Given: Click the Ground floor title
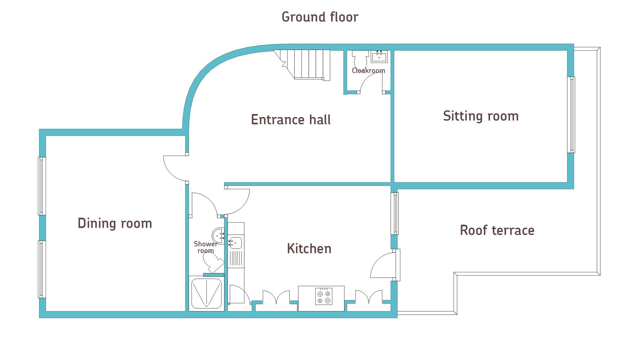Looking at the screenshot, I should point(320,17).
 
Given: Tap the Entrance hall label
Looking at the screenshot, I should point(291,120).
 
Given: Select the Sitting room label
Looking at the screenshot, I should point(481,116).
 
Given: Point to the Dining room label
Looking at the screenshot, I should point(115,223).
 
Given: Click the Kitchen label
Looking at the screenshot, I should point(309,249).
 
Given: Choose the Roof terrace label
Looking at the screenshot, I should point(497,230).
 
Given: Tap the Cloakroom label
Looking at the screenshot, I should point(368,71).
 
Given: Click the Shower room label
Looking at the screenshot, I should point(205,247).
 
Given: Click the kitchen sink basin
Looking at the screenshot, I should point(235,243).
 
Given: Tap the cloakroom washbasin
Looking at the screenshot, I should point(379,57).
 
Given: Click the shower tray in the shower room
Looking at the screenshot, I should point(206,294).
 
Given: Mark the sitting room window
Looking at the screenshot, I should point(571,115).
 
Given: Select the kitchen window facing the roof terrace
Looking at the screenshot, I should point(395,213).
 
